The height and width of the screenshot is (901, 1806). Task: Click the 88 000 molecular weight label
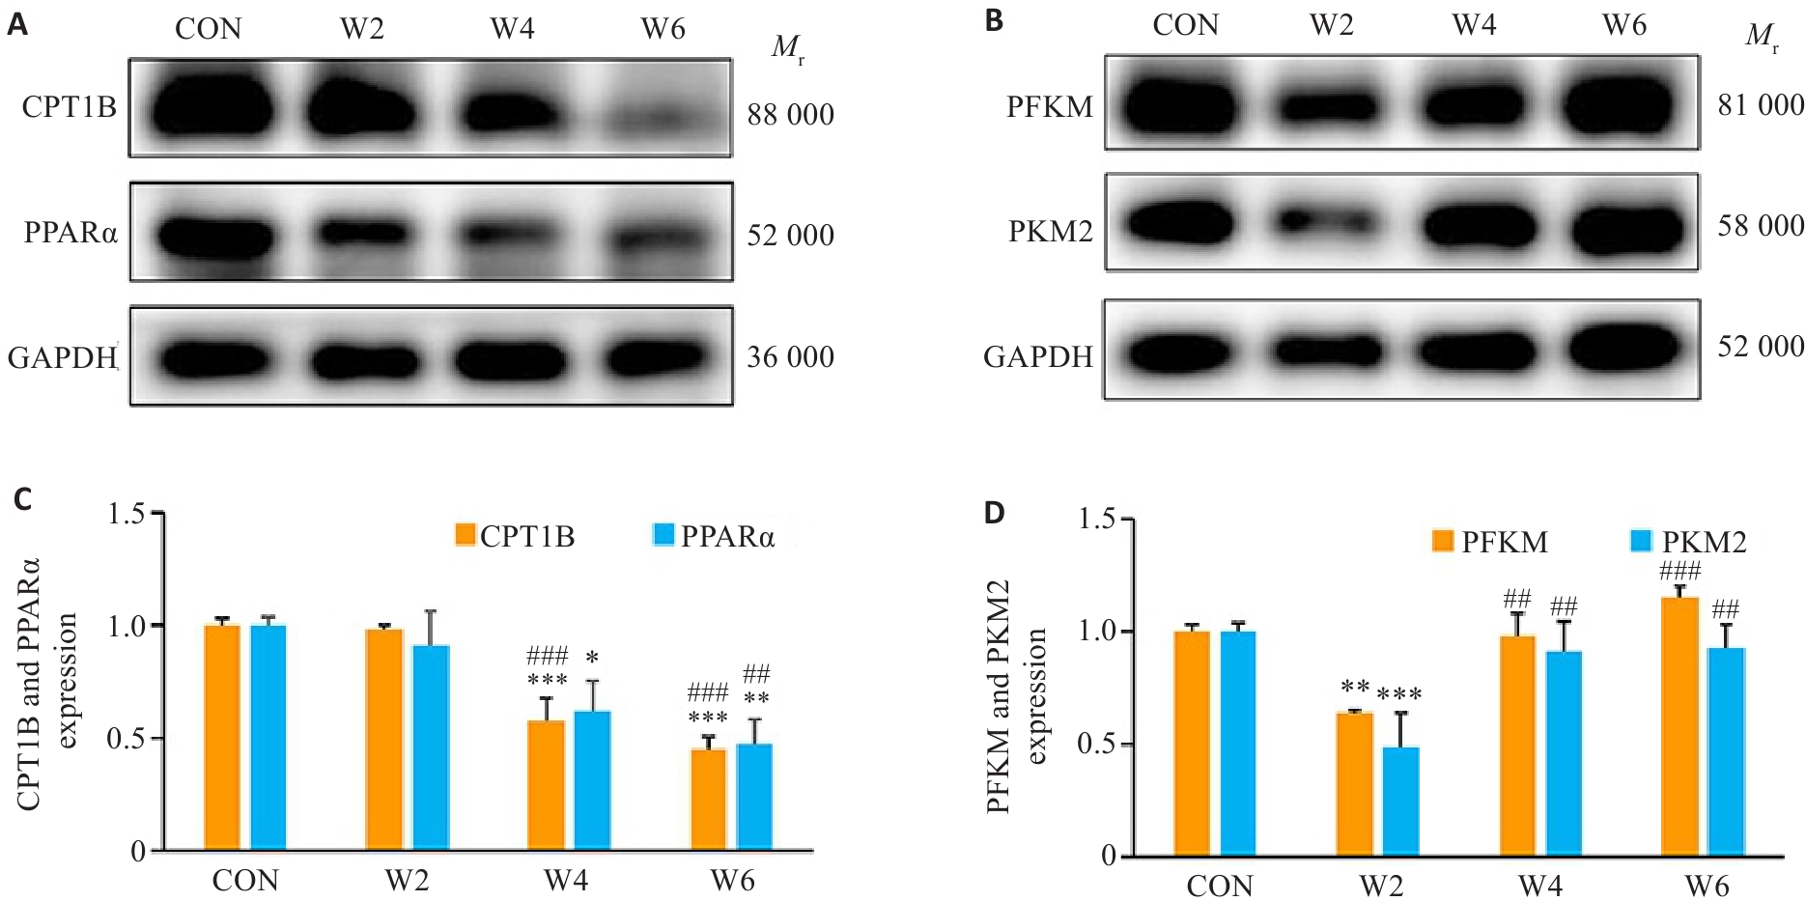(x=790, y=115)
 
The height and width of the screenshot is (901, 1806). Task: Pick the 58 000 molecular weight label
(x=1760, y=226)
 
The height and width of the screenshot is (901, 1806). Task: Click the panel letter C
(x=22, y=499)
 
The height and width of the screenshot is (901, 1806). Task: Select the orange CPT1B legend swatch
(x=466, y=535)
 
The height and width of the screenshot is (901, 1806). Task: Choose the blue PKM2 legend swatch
(x=1641, y=541)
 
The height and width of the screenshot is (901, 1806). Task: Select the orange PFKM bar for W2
(x=1354, y=783)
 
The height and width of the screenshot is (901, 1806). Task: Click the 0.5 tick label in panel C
(x=126, y=739)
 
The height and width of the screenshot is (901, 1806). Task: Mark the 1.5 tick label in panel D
(x=1097, y=520)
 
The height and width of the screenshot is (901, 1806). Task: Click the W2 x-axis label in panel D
(x=1380, y=886)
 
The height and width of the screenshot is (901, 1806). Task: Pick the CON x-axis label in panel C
(x=245, y=881)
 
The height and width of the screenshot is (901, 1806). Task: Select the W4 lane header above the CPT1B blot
(x=512, y=29)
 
